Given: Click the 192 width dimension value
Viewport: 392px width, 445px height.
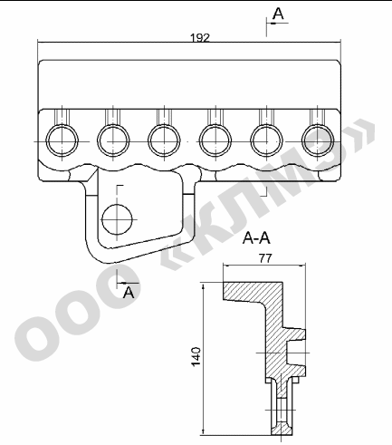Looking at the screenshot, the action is point(200,38).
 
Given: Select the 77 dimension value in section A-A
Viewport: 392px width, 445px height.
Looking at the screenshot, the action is point(265,258).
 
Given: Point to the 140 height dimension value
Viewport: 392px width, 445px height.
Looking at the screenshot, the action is point(196,356).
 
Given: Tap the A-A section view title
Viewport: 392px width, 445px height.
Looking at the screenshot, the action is point(256,238).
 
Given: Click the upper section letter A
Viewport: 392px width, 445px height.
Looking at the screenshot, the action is point(278,14).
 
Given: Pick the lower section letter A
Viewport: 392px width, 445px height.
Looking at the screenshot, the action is point(129,292).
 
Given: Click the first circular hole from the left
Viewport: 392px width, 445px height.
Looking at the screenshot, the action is point(62,140).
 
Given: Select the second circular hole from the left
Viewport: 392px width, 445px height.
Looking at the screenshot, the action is point(113,140).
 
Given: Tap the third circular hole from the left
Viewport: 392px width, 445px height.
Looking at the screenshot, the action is point(164,140).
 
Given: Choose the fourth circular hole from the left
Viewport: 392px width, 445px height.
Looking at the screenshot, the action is point(215,140).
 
